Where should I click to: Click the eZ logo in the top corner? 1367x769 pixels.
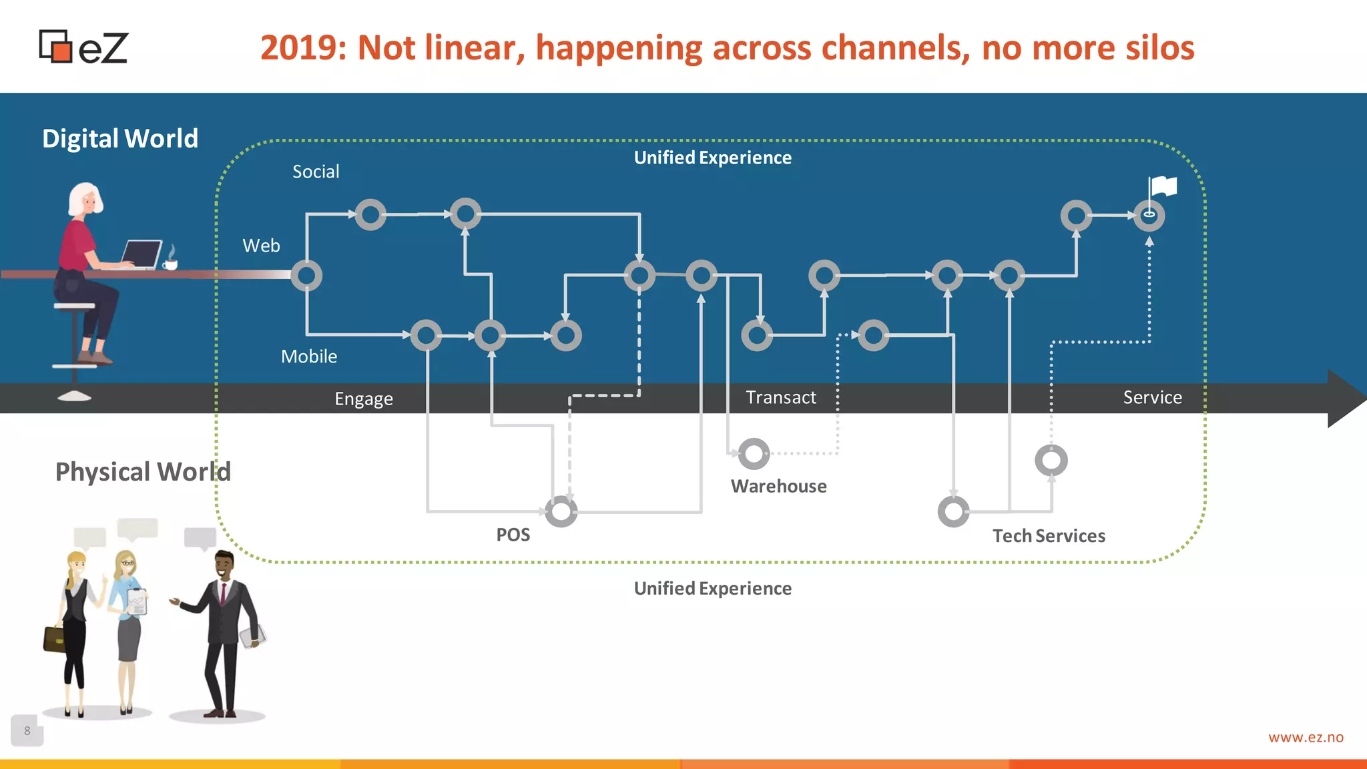[83, 47]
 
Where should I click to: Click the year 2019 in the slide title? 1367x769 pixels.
[302, 48]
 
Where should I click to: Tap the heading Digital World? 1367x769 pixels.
[120, 139]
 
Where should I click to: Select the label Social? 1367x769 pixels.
[316, 172]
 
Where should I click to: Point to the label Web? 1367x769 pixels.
[261, 246]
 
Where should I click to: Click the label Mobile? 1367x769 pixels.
[308, 356]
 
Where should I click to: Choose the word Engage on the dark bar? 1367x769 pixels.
[364, 399]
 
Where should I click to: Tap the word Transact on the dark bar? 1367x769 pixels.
[780, 398]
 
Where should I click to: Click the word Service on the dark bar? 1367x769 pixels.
[1152, 398]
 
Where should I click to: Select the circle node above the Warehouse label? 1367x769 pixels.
[754, 454]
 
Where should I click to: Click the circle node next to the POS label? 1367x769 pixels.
[561, 511]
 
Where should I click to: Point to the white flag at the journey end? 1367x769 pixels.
[1163, 186]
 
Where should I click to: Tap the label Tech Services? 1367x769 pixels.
[1049, 536]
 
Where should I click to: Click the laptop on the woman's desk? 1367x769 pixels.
[142, 254]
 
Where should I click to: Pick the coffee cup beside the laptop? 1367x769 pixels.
[171, 264]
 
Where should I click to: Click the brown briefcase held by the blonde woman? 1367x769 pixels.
[54, 638]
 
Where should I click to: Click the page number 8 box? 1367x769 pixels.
[27, 730]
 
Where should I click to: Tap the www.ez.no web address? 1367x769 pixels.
[1306, 738]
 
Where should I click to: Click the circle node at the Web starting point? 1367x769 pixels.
[306, 275]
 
